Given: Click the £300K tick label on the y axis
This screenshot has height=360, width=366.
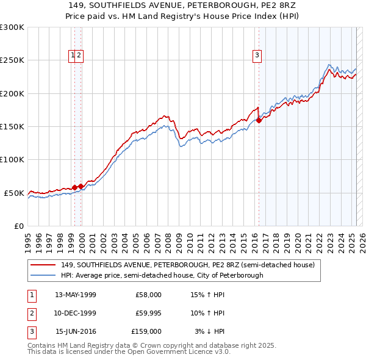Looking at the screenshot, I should (12, 27).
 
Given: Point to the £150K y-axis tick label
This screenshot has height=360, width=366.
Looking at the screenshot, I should (12, 127).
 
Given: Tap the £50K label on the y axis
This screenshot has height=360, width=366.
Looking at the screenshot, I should (15, 193).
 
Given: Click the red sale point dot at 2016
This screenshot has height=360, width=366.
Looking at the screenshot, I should (259, 120).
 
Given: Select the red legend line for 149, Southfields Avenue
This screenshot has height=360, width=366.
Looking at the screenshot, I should (43, 265).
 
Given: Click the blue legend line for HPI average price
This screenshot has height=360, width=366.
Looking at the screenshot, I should (43, 275).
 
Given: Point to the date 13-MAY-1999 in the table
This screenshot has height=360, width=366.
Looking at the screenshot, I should (76, 295).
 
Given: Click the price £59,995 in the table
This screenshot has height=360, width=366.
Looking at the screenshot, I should (148, 313).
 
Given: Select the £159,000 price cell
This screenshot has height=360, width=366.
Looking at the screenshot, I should (146, 331).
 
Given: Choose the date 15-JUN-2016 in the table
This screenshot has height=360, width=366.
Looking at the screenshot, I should (76, 331).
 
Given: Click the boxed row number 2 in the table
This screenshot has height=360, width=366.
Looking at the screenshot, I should (31, 313).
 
